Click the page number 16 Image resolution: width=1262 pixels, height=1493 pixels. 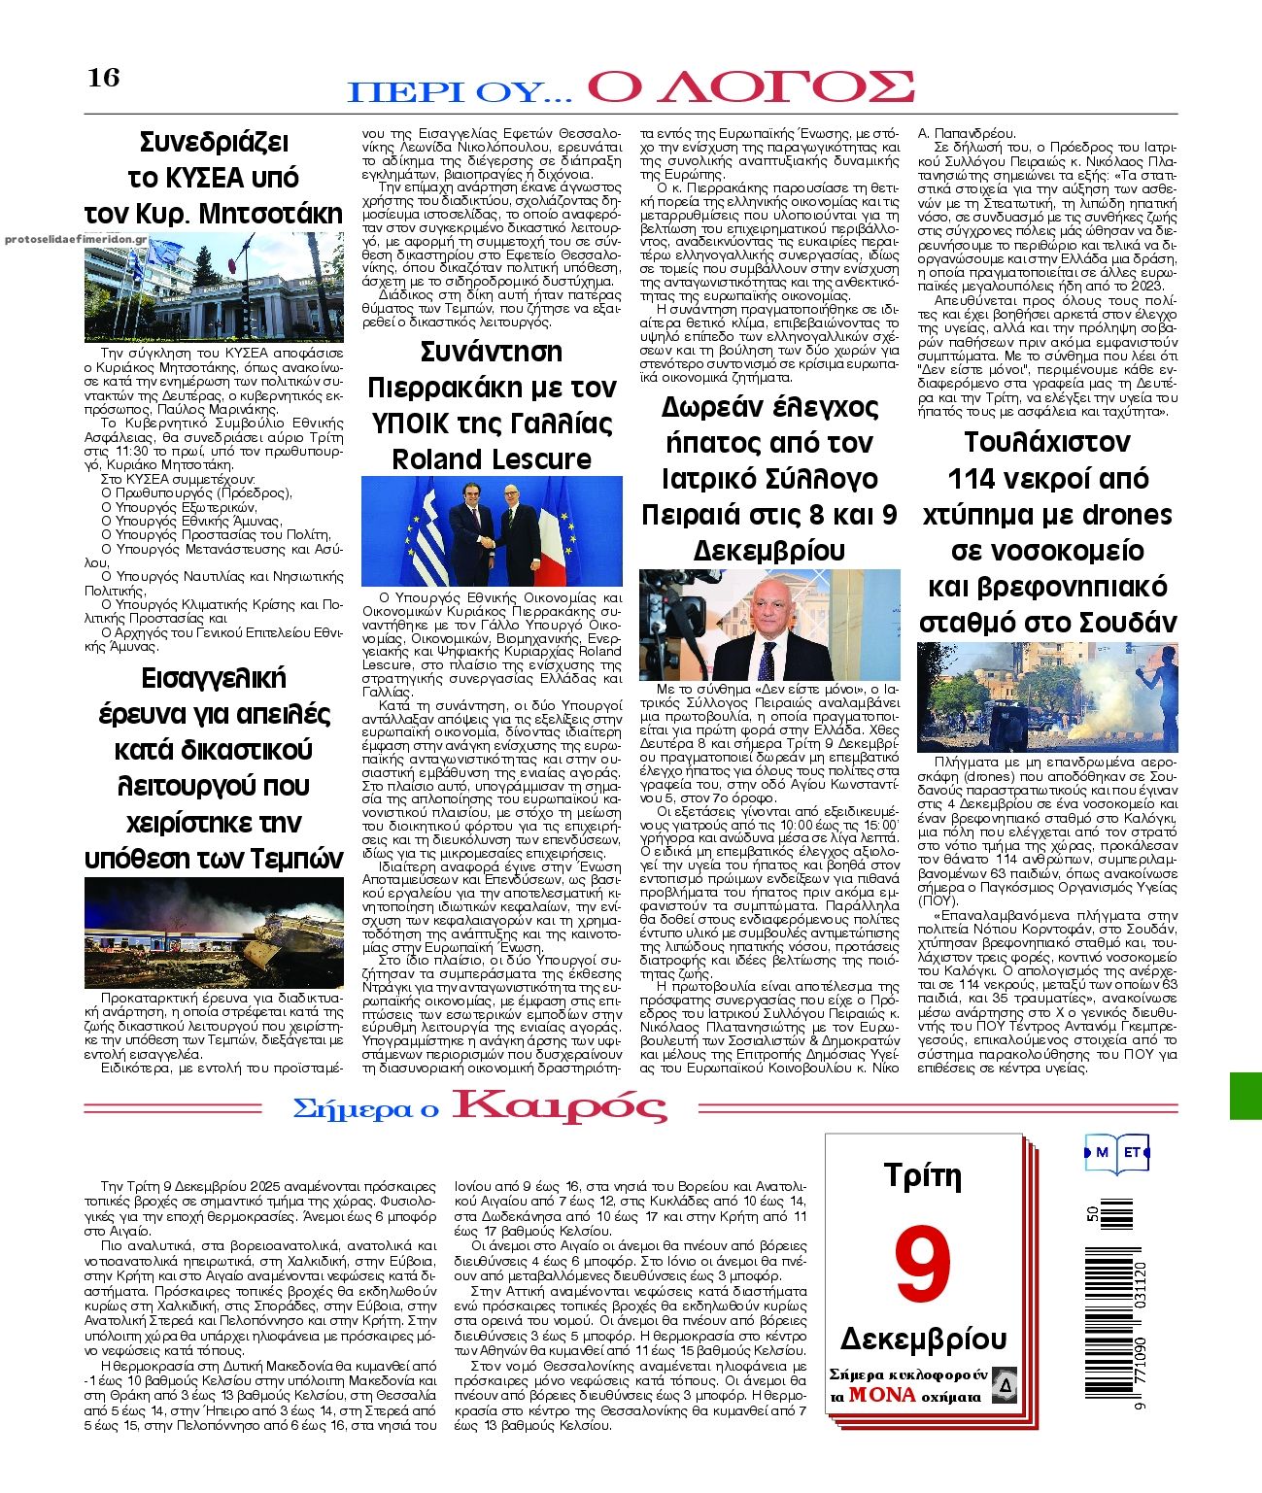point(104,78)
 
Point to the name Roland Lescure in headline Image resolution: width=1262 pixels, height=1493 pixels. point(492,458)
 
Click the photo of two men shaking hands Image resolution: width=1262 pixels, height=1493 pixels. point(492,530)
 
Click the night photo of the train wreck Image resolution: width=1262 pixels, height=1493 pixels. point(214,933)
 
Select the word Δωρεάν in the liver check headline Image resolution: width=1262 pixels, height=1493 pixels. point(715,407)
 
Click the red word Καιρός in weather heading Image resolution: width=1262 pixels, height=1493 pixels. point(560,1106)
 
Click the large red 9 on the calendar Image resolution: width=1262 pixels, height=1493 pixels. point(922,1266)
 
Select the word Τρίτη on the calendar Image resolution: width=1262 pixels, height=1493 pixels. point(922,1176)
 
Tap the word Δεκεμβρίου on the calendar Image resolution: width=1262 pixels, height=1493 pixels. point(922,1339)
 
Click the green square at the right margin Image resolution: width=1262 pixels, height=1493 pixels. point(1245,1096)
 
